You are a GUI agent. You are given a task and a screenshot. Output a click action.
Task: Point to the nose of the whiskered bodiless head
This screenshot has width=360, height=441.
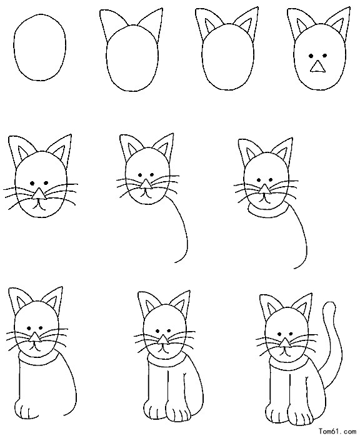39,194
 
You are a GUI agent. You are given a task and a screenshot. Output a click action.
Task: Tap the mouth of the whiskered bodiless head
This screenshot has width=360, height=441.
39,206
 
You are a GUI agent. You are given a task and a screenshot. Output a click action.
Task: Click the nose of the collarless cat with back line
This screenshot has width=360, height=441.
146,184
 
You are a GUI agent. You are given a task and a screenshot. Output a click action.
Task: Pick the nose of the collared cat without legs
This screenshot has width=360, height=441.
264,189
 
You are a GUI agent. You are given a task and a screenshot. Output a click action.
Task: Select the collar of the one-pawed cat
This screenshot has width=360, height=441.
37,358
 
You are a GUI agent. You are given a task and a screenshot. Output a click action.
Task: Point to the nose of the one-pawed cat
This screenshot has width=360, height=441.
35,337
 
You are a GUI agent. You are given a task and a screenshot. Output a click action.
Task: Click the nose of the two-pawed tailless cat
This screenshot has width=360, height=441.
162,340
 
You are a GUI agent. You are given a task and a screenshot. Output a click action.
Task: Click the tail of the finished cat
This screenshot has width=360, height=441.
337,337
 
